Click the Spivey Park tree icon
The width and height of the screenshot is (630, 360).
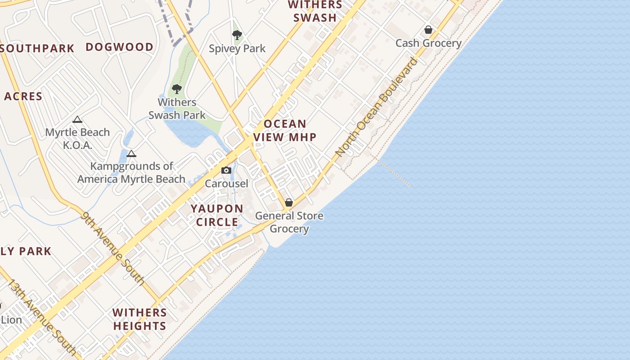(237, 35)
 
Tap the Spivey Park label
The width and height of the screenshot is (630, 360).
(237, 49)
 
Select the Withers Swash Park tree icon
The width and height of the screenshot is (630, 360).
(177, 89)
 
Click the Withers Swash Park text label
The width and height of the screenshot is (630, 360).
(177, 109)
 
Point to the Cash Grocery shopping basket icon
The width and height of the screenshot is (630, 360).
(428, 30)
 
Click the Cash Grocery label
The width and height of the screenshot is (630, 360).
(428, 43)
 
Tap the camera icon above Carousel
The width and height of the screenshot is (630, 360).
(226, 170)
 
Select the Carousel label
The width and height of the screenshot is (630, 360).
(226, 184)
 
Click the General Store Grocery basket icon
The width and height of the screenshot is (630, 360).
(289, 202)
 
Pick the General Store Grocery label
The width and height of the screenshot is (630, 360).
(289, 222)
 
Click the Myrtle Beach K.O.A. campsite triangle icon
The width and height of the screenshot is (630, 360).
(77, 119)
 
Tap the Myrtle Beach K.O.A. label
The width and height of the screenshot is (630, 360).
(77, 139)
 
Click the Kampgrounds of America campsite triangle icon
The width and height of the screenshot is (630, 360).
(131, 153)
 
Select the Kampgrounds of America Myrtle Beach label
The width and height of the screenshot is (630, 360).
(131, 172)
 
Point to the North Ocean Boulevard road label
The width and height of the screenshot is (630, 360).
(377, 107)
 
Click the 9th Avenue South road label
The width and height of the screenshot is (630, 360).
(113, 248)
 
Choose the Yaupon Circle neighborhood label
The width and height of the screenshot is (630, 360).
(217, 215)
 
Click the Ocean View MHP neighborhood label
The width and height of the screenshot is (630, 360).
(285, 130)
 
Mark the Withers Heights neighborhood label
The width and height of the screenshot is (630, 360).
(139, 319)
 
